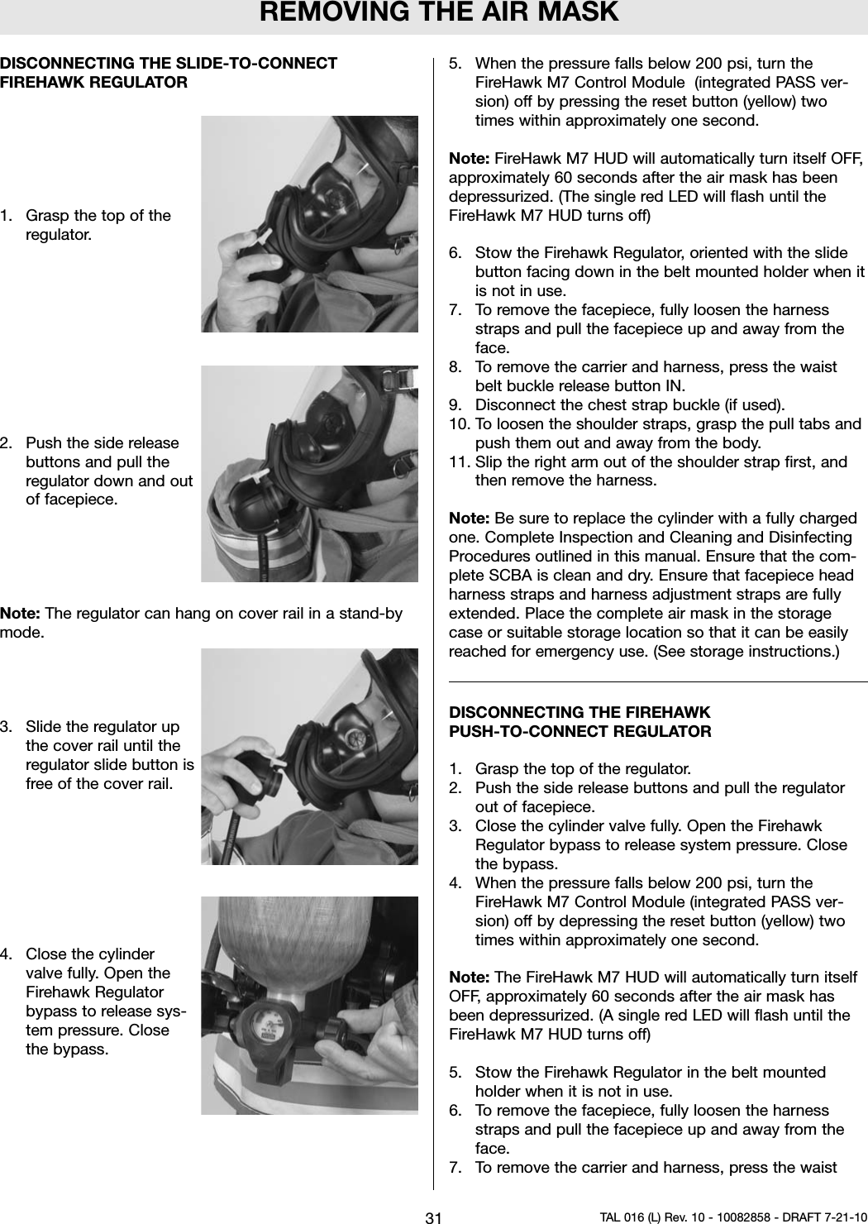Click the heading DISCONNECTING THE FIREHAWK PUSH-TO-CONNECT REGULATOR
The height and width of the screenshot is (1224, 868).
[x=579, y=722]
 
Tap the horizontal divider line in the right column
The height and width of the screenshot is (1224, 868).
[x=657, y=681]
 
